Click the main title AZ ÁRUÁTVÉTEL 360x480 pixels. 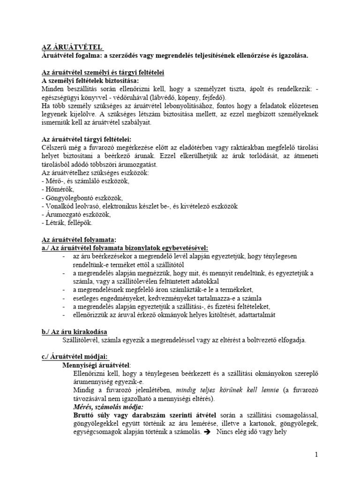tap(70, 47)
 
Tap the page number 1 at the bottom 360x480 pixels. tap(316, 454)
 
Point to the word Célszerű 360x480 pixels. tap(55, 148)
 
